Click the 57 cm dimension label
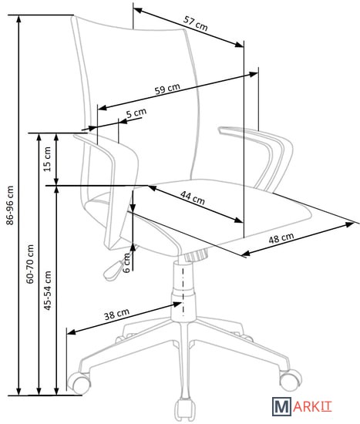point(196,23)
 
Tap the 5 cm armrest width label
point(136,113)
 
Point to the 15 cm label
point(47,159)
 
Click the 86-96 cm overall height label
point(10,205)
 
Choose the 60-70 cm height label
point(30,264)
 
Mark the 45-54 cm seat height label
point(47,290)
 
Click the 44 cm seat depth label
point(192,197)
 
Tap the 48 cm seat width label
point(281,237)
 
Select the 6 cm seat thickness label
point(127,263)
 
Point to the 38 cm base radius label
point(117,314)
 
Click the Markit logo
point(301,407)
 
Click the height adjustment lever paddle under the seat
point(113,270)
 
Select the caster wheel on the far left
point(78,382)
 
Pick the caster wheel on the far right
point(290,379)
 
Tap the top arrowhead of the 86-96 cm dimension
point(19,19)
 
